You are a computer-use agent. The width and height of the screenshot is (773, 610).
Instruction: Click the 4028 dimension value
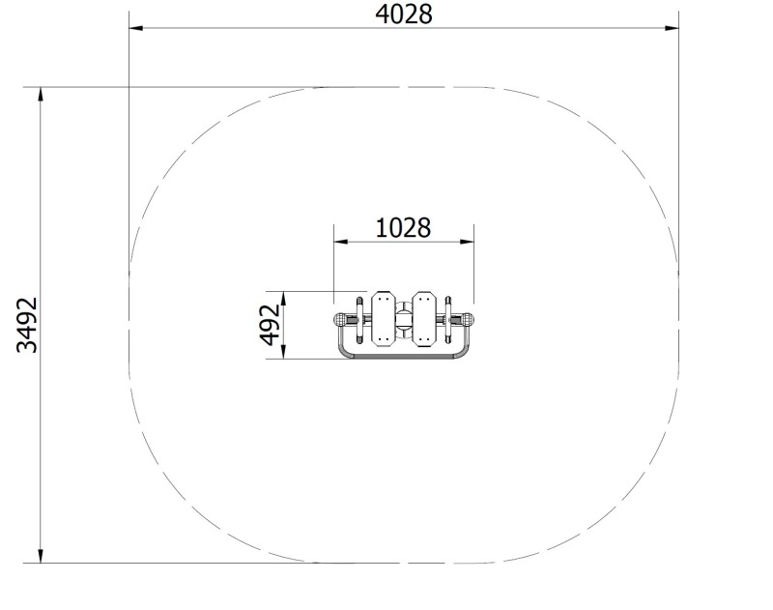(x=404, y=15)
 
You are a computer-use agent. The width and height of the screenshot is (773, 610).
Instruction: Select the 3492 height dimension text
(x=27, y=325)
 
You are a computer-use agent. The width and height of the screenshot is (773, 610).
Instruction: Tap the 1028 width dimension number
(x=403, y=228)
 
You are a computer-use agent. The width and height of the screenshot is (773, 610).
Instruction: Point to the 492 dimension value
(x=270, y=325)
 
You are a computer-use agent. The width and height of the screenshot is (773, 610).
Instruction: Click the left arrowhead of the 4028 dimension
(x=136, y=28)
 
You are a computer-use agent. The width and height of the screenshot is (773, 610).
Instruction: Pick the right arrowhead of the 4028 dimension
(x=672, y=28)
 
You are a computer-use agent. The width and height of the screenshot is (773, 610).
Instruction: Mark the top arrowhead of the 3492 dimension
(x=41, y=95)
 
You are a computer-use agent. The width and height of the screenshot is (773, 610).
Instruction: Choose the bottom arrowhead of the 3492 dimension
(x=41, y=556)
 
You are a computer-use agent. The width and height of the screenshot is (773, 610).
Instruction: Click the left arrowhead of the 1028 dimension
(x=341, y=242)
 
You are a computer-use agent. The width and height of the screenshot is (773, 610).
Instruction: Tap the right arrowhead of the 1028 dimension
(x=467, y=242)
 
